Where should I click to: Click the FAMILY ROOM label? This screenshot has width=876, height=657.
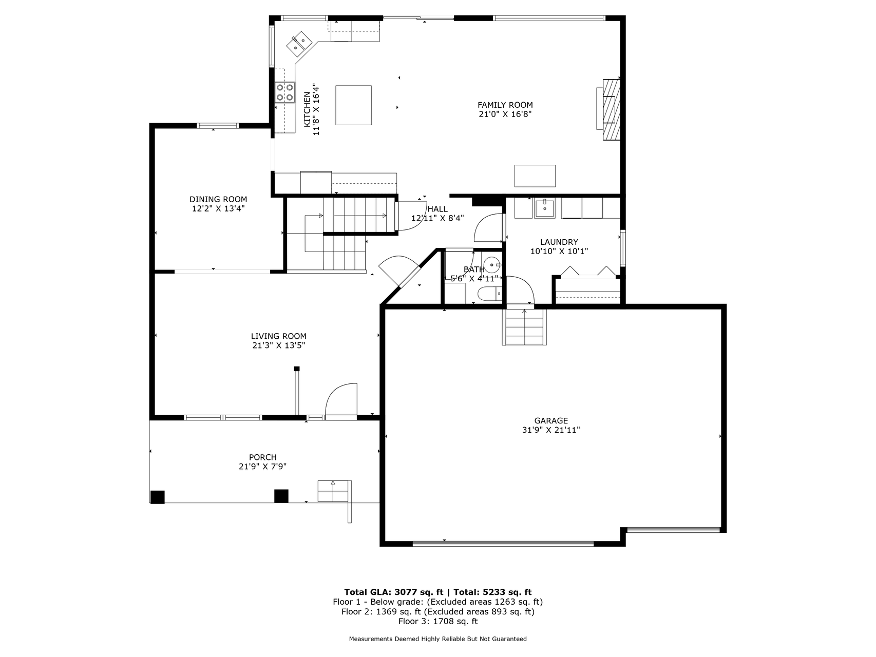click(x=505, y=105)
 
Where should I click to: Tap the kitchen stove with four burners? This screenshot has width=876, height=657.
click(x=284, y=93)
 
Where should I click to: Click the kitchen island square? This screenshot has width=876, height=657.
click(x=353, y=105)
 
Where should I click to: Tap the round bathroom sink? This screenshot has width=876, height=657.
click(x=493, y=266)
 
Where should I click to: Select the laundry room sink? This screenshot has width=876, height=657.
click(x=544, y=208)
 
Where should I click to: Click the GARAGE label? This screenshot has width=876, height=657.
click(x=551, y=421)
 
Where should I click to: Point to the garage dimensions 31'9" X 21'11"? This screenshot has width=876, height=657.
click(x=551, y=431)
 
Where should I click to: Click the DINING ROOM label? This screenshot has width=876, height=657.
click(x=218, y=199)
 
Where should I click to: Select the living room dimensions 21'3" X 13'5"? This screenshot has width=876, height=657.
click(x=279, y=346)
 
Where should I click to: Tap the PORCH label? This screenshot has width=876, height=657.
click(x=263, y=457)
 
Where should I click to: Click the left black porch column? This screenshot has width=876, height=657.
click(x=157, y=497)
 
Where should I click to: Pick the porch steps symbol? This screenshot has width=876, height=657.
click(x=333, y=491)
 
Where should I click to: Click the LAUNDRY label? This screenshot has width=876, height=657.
click(x=559, y=242)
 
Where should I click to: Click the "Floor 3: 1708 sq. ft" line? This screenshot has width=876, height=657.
click(x=438, y=622)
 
